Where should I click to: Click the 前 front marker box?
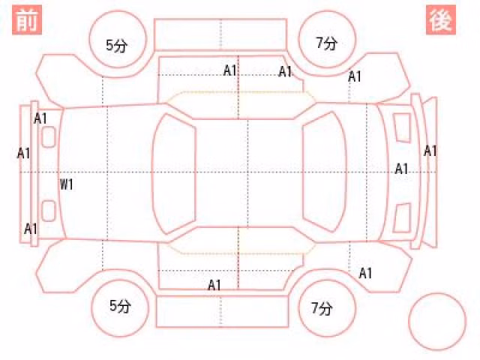pyautogui.click(x=27, y=20)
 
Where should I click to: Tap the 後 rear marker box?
pyautogui.click(x=441, y=20)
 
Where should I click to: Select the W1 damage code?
pyautogui.click(x=67, y=184)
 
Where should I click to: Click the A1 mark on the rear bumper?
pyautogui.click(x=430, y=151)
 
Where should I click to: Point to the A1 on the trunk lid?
pyautogui.click(x=401, y=169)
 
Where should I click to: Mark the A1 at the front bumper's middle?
pyautogui.click(x=23, y=153)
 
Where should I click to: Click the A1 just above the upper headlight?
pyautogui.click(x=40, y=118)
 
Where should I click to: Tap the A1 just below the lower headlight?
pyautogui.click(x=31, y=229)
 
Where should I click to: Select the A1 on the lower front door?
pyautogui.click(x=214, y=285)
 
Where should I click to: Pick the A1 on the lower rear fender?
pyautogui.click(x=365, y=273)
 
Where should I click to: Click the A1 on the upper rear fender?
pyautogui.click(x=355, y=76)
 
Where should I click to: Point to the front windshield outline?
pyautogui.click(x=153, y=173)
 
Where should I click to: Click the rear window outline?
pyautogui.click(x=346, y=172)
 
